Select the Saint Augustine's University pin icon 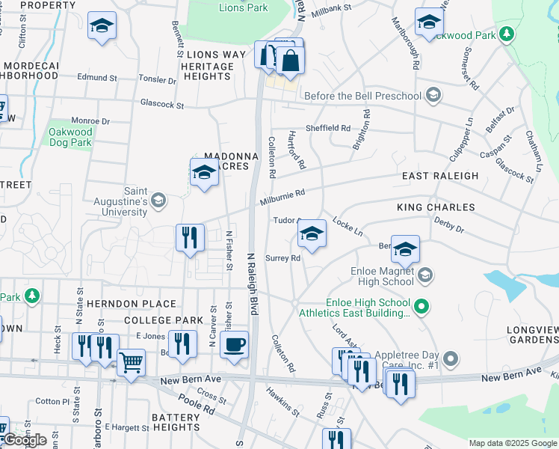click(x=158, y=200)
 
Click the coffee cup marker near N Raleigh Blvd click(x=235, y=344)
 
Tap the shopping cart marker click(x=131, y=363)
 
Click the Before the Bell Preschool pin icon click(x=433, y=96)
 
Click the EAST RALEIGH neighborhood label click(x=439, y=176)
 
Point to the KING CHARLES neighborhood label click(x=436, y=207)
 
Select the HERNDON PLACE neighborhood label click(x=131, y=304)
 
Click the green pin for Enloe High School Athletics click(x=421, y=305)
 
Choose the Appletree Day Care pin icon click(x=450, y=356)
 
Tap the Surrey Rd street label click(x=282, y=258)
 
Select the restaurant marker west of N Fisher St click(x=190, y=238)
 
